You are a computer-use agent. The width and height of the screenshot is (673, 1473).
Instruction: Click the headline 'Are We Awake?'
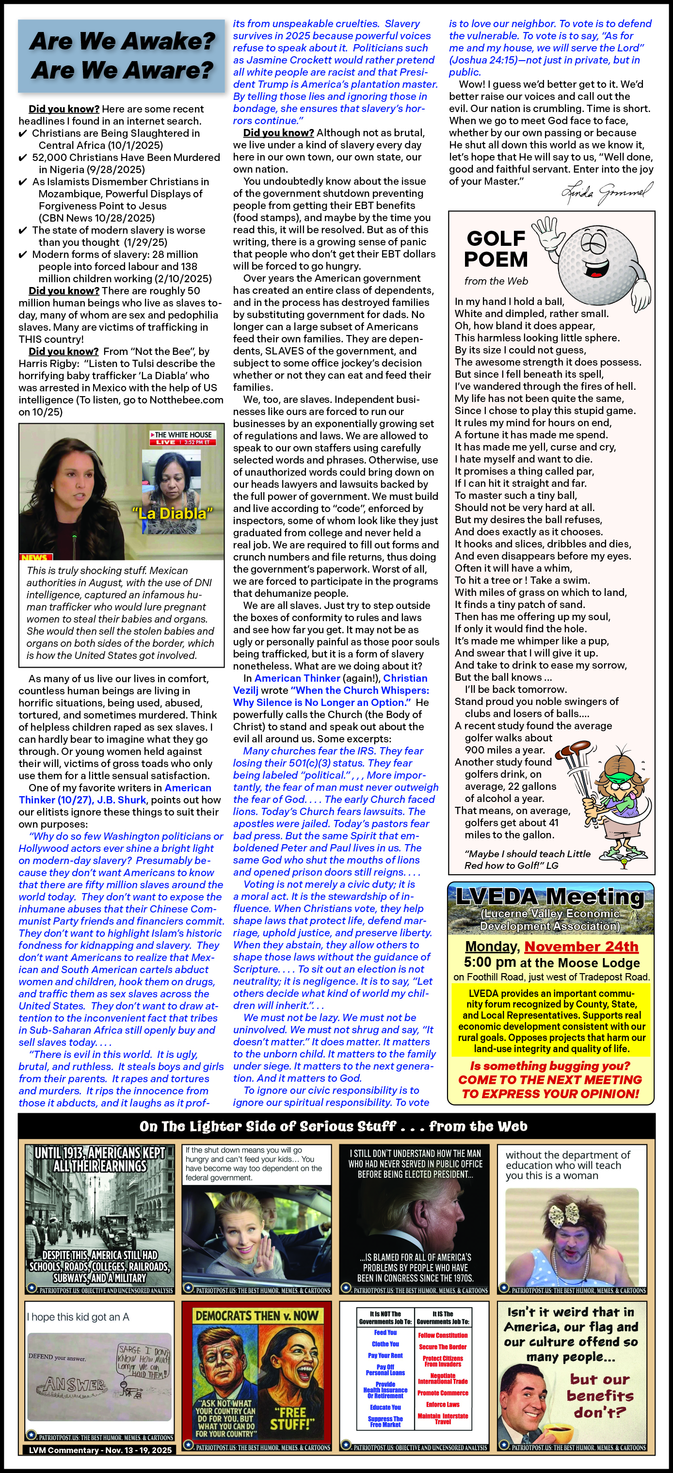coord(122,41)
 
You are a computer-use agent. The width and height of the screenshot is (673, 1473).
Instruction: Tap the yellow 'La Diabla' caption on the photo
coord(172,513)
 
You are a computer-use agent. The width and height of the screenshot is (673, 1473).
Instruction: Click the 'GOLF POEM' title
coord(495,249)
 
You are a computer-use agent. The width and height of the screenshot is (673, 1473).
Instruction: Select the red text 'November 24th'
coord(581,947)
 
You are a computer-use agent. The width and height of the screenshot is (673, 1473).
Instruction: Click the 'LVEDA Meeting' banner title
coord(549,897)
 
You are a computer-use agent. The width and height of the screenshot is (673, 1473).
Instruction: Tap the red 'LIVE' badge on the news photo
coord(166,442)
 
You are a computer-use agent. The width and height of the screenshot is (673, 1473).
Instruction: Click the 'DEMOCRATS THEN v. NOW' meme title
coord(256,1316)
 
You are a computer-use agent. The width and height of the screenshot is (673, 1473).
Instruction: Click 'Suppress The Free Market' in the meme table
coord(385,1422)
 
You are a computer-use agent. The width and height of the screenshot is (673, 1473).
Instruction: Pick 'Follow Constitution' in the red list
coord(443,1335)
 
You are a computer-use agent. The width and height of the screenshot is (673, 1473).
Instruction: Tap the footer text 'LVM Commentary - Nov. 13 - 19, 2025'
coord(100,1450)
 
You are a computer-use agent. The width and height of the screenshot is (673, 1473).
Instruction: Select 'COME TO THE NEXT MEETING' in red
coord(549,1080)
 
